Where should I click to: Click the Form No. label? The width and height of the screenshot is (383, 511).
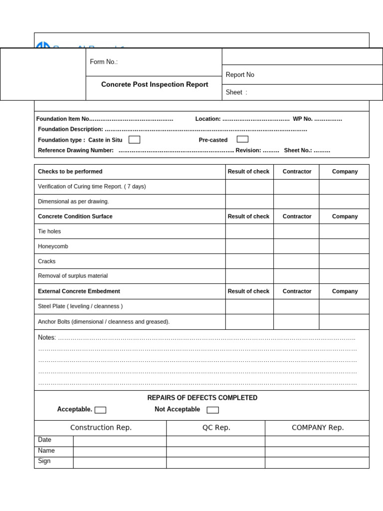(104, 62)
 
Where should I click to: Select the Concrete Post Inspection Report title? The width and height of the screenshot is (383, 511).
(155, 85)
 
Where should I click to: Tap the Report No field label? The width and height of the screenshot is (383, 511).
(240, 75)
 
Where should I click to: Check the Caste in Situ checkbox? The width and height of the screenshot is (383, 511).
(134, 140)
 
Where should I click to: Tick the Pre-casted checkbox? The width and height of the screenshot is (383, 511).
(242, 139)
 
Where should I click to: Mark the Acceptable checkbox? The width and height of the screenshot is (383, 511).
(100, 410)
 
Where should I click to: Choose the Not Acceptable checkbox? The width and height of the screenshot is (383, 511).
(212, 410)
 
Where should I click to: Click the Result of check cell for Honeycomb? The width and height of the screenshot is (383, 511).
(249, 247)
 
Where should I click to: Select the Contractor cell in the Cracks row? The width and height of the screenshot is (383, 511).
(296, 261)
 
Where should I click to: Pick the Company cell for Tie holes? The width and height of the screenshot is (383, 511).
(344, 232)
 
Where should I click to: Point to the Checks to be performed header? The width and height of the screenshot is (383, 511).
(70, 172)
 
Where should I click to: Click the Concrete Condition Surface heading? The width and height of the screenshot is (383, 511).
(75, 217)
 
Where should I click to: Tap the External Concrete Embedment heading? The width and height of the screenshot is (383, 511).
(79, 291)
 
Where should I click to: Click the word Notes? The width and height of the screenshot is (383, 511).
(46, 338)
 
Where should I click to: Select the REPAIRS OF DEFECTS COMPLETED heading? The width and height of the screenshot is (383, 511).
(202, 398)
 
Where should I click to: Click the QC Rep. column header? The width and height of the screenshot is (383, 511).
(216, 428)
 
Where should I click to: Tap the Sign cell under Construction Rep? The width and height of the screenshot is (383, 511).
(120, 463)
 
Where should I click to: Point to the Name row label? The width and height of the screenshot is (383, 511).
(46, 451)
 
